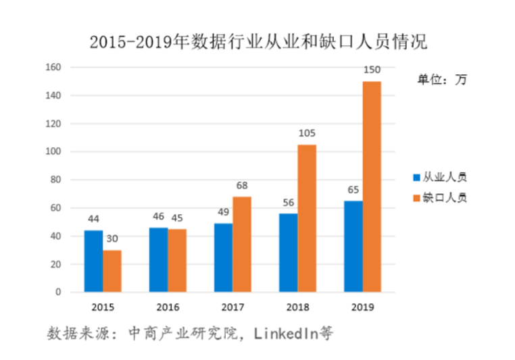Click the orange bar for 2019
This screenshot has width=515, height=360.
click(x=372, y=186)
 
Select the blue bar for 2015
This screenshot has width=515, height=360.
click(x=93, y=261)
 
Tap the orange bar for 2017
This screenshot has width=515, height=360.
click(x=242, y=245)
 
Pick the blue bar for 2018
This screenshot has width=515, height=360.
click(x=288, y=253)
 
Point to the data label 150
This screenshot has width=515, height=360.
click(x=372, y=70)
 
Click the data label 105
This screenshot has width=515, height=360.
click(x=307, y=133)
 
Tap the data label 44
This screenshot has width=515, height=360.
click(x=93, y=219)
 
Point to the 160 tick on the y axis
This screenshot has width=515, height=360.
click(x=54, y=68)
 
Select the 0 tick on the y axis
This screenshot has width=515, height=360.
click(x=59, y=292)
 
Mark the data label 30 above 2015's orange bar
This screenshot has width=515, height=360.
click(x=112, y=239)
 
